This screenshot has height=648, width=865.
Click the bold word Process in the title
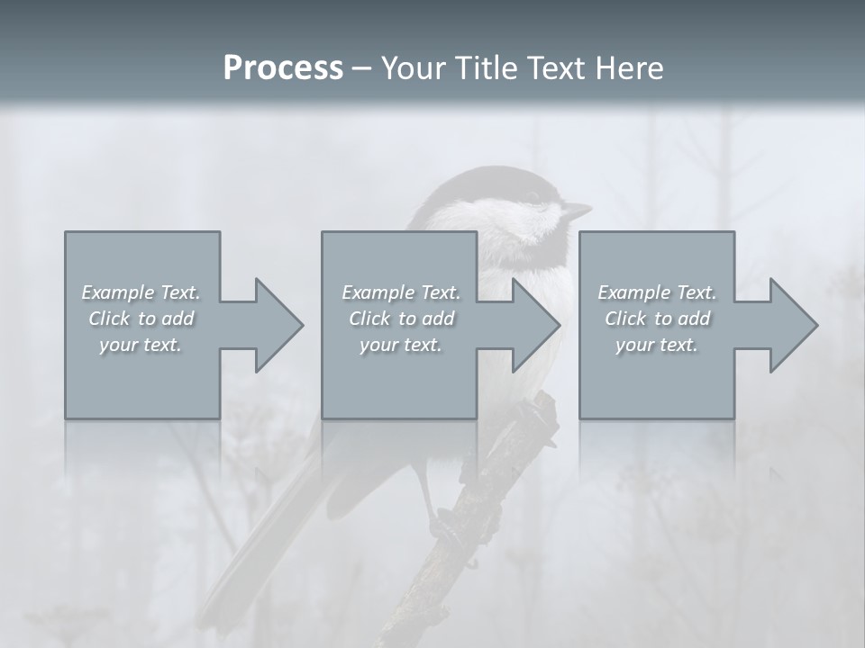pos(283,67)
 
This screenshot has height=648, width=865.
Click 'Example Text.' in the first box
pos(141,292)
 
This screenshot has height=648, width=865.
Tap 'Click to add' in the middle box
pos(401,319)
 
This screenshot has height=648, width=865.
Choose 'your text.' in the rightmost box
pos(657,345)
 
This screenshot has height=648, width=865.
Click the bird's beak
pos(577,211)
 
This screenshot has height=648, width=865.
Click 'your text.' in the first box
pos(141,345)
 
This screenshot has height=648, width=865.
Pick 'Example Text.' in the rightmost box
pos(657,292)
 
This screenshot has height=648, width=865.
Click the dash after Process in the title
pos(361,68)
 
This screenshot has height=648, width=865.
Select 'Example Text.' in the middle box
pos(401,292)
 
